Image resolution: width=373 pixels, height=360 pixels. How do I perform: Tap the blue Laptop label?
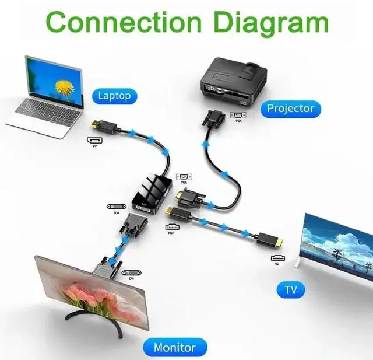pyautogui.click(x=115, y=95)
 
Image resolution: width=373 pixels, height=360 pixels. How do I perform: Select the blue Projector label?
pyautogui.click(x=290, y=108)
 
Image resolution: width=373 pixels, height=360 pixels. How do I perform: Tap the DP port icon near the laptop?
pyautogui.click(x=94, y=141)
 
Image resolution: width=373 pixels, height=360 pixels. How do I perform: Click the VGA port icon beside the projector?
pyautogui.click(x=237, y=116)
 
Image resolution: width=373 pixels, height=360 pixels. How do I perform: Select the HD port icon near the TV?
pyautogui.click(x=277, y=257)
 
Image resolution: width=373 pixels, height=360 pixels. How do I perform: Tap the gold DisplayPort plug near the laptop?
pyautogui.click(x=97, y=125)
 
